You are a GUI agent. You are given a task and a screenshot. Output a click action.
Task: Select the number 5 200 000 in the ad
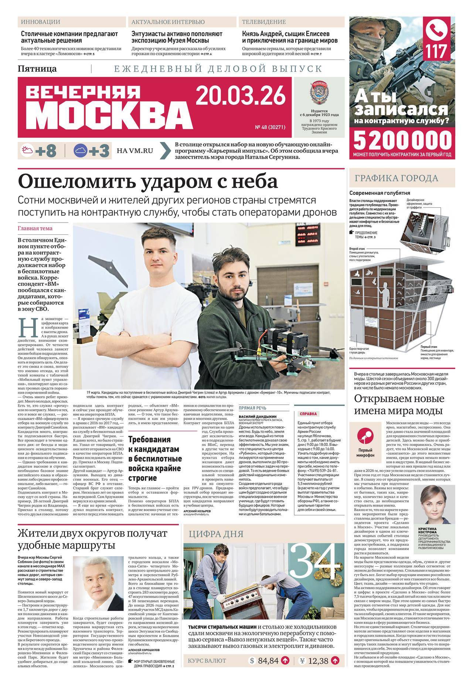click(402, 140)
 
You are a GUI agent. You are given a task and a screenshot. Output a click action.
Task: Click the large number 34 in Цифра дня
click(315, 559)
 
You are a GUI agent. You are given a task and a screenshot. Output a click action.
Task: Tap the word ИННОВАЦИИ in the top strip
click(41, 22)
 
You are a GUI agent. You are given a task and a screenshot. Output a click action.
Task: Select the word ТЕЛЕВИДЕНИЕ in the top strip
click(264, 22)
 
